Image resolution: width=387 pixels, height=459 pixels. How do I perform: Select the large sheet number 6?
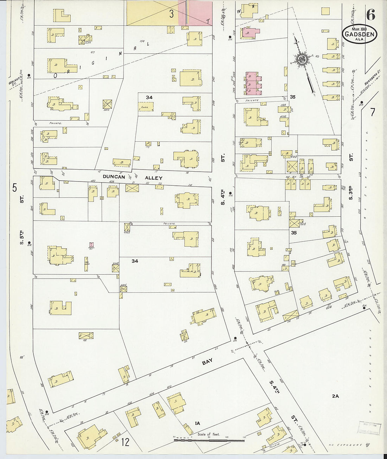tap(370, 15)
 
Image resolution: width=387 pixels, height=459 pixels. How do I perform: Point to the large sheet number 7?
tap(372, 112)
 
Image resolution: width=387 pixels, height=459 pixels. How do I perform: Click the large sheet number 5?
tap(14, 188)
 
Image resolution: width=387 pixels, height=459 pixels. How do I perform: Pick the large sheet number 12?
tap(125, 442)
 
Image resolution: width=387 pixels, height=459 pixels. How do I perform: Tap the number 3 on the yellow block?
tap(171, 14)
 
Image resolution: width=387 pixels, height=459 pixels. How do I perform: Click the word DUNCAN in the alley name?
tap(114, 177)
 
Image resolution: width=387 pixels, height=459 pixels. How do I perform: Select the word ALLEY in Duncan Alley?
tap(154, 178)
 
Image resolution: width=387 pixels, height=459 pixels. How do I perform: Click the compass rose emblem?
tap(302, 59)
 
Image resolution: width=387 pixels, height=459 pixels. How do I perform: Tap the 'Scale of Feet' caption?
tap(209, 434)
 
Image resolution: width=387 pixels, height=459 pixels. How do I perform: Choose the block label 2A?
tap(335, 396)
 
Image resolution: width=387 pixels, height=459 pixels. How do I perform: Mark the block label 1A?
tap(198, 423)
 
